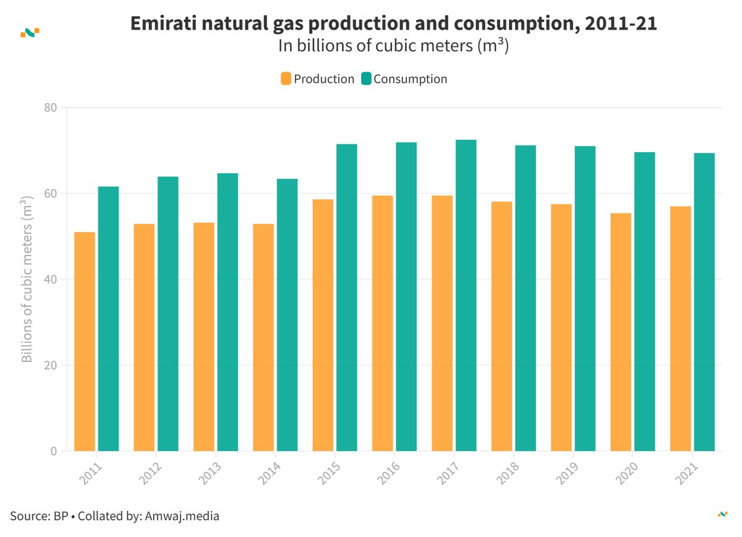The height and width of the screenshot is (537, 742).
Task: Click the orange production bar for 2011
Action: tap(85, 342)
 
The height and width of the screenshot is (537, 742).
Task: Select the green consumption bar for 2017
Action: tap(466, 296)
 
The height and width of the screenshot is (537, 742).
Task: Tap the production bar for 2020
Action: tap(621, 332)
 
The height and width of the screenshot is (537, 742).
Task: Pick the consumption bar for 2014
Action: tap(288, 315)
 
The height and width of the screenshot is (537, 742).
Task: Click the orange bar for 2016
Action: tap(382, 324)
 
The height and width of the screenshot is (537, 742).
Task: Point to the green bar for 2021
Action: tap(704, 302)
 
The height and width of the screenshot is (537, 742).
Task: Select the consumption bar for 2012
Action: tap(168, 314)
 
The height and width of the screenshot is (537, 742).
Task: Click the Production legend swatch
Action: tap(286, 79)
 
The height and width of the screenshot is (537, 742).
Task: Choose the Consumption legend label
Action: tap(410, 79)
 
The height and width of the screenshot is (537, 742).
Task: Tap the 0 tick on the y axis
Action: tap(53, 452)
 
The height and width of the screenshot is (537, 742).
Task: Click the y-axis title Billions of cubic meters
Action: tap(27, 280)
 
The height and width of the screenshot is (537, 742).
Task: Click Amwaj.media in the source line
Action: tap(182, 516)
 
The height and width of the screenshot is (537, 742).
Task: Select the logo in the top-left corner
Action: tap(30, 32)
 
